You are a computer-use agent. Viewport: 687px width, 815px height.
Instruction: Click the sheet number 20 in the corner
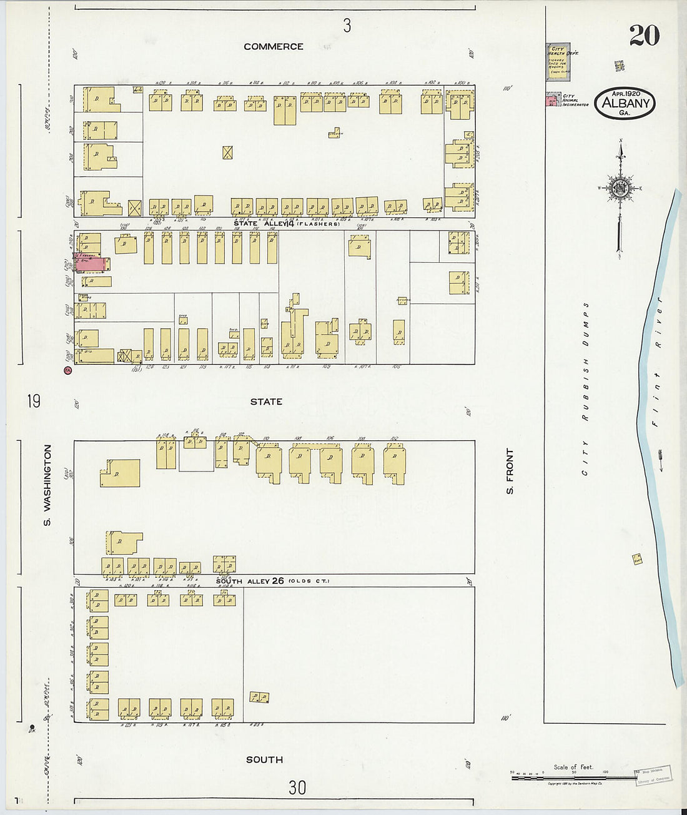point(644,36)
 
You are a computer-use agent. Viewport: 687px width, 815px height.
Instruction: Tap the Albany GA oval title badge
point(625,104)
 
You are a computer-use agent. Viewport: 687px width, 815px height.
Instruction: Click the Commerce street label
point(274,47)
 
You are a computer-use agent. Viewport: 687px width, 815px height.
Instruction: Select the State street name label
point(266,402)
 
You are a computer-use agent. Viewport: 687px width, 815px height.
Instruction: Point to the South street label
point(264,759)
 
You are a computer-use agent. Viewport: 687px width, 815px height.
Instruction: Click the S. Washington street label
point(48,485)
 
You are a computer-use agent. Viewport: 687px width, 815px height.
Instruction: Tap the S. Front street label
point(510,472)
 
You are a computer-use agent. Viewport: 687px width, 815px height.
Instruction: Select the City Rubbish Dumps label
point(586,388)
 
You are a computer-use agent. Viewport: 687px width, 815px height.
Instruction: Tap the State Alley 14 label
point(263,223)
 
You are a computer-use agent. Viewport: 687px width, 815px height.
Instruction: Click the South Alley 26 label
point(250,581)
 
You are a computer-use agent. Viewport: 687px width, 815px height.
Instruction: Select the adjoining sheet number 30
point(297,788)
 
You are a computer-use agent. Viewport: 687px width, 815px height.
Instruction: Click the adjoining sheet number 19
point(34,400)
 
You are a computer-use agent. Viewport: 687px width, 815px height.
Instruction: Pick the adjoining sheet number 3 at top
point(347,26)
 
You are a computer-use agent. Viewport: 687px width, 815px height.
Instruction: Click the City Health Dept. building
point(558,62)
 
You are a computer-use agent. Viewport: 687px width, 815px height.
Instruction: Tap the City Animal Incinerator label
point(575,101)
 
